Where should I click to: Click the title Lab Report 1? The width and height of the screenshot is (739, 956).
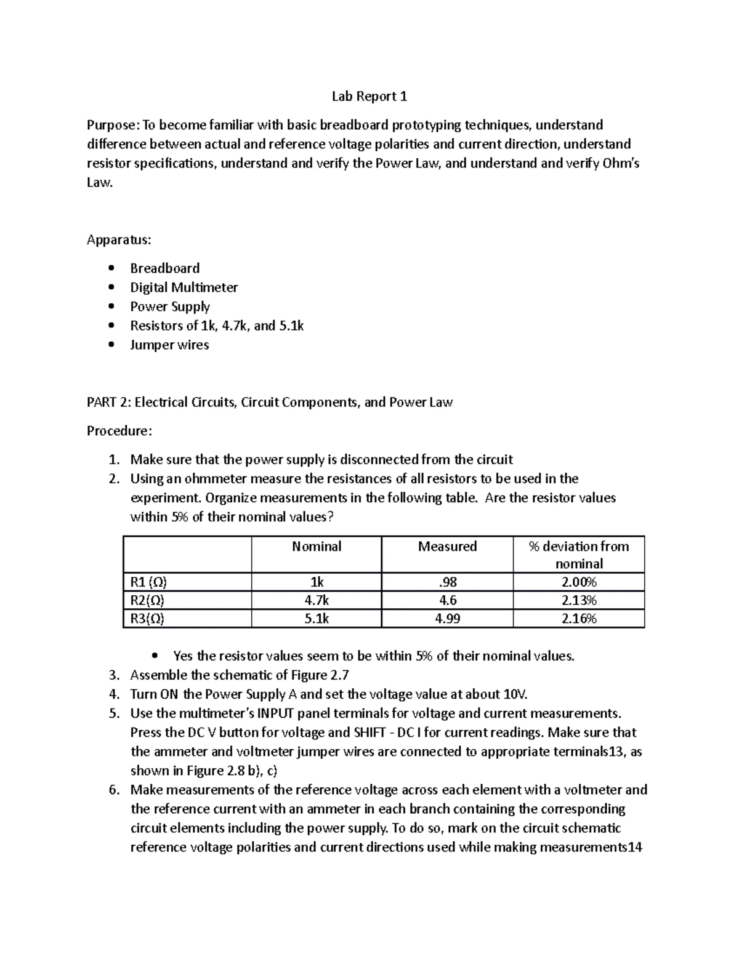click(x=369, y=97)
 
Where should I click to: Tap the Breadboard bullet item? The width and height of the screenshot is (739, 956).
click(x=164, y=268)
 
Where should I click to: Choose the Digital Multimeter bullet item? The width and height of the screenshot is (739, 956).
click(x=184, y=287)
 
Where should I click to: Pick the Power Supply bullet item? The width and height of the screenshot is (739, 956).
click(x=169, y=307)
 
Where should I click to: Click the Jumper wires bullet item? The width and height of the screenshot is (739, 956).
click(x=169, y=345)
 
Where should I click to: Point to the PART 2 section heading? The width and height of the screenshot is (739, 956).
click(x=269, y=403)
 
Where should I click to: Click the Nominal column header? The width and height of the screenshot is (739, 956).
click(x=317, y=547)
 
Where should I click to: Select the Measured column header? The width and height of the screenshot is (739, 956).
click(x=447, y=547)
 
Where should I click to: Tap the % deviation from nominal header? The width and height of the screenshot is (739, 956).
click(x=579, y=555)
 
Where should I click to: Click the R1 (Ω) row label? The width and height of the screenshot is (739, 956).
click(x=148, y=582)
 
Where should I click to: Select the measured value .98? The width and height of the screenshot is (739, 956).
click(x=447, y=582)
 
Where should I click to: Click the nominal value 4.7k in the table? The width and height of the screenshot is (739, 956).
click(x=317, y=600)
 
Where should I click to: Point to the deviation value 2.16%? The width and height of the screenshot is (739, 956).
click(x=579, y=619)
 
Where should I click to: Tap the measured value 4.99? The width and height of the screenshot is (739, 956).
click(x=447, y=619)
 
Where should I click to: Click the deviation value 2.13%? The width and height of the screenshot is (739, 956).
click(x=579, y=600)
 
